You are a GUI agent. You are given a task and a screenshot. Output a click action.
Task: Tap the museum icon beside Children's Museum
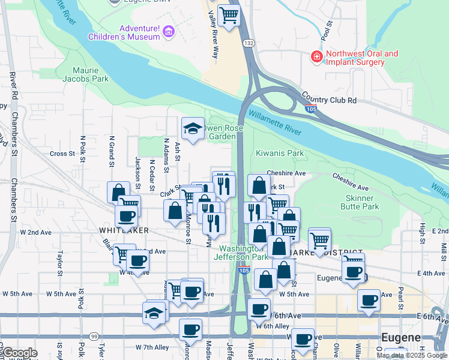click(169, 31)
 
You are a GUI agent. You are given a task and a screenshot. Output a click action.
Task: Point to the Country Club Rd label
click(329, 100)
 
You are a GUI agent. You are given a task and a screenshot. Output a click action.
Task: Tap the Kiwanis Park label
click(280, 154)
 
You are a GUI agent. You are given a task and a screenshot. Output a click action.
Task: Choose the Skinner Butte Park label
click(363, 202)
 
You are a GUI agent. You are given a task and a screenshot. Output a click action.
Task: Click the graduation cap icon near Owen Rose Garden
click(193, 128)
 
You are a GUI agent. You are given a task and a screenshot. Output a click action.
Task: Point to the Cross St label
click(62, 154)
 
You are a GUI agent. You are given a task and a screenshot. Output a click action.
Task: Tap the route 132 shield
click(249, 44)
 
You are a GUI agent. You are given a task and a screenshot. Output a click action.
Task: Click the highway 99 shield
click(94, 337)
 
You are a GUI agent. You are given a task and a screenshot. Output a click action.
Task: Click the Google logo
click(19, 353)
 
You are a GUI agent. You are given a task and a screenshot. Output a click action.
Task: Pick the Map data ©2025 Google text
click(412, 355)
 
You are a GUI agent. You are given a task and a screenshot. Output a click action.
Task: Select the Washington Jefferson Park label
click(243, 253)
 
